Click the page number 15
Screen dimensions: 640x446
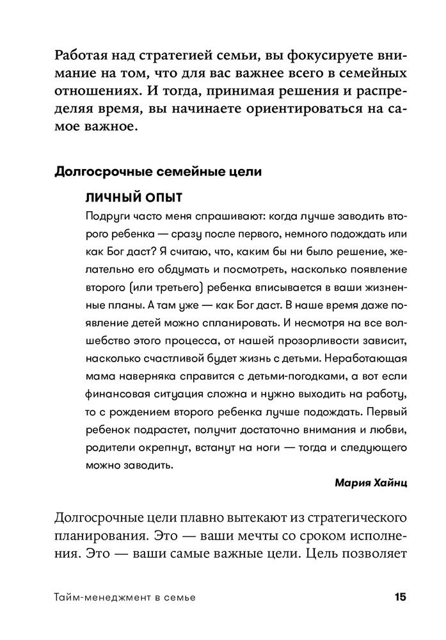[x=400, y=598]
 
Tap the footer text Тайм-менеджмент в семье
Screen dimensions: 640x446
[x=124, y=598]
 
